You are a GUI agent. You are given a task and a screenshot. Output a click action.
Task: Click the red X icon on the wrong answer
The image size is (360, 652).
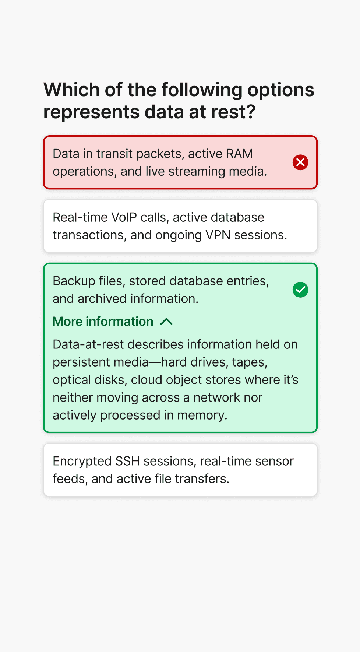pos(300,162)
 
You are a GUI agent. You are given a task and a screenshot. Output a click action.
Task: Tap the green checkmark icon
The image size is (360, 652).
pos(300,290)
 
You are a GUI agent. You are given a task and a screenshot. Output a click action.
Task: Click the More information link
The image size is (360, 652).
pos(103,322)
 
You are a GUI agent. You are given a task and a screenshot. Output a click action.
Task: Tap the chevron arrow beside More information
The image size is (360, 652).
pos(167,322)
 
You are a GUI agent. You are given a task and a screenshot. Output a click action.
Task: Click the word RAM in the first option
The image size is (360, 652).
pos(239,154)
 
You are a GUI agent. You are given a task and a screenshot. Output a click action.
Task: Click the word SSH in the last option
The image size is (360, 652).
pos(127,461)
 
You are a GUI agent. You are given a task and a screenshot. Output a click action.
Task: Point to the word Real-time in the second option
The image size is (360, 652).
pos(80,217)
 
